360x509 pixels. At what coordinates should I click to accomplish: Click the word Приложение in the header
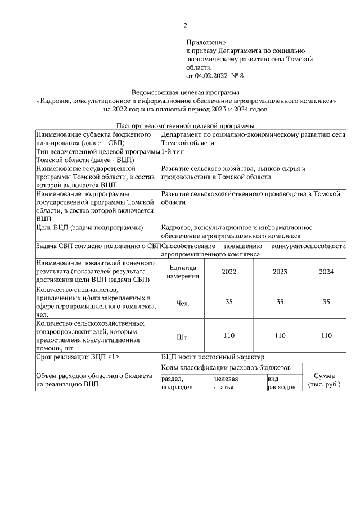point(206,42)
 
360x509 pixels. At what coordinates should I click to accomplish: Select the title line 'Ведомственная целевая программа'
point(185,92)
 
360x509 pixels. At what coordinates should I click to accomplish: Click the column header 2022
point(229,272)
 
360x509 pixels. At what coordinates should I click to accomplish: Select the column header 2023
point(280,272)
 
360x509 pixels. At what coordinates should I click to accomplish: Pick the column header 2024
point(326,272)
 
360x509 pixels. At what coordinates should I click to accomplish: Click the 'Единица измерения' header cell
point(183,272)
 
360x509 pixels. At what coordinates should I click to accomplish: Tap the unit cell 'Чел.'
point(183,303)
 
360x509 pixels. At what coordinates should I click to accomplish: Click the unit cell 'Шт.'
point(183,337)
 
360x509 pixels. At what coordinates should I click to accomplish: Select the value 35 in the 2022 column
point(229,303)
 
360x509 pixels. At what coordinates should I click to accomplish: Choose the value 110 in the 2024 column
point(326,336)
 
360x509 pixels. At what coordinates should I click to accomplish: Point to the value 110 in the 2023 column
point(280,336)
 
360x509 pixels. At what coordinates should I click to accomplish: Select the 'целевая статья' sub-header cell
point(226,383)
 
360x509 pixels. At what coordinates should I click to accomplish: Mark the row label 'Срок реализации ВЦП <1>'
point(78,357)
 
